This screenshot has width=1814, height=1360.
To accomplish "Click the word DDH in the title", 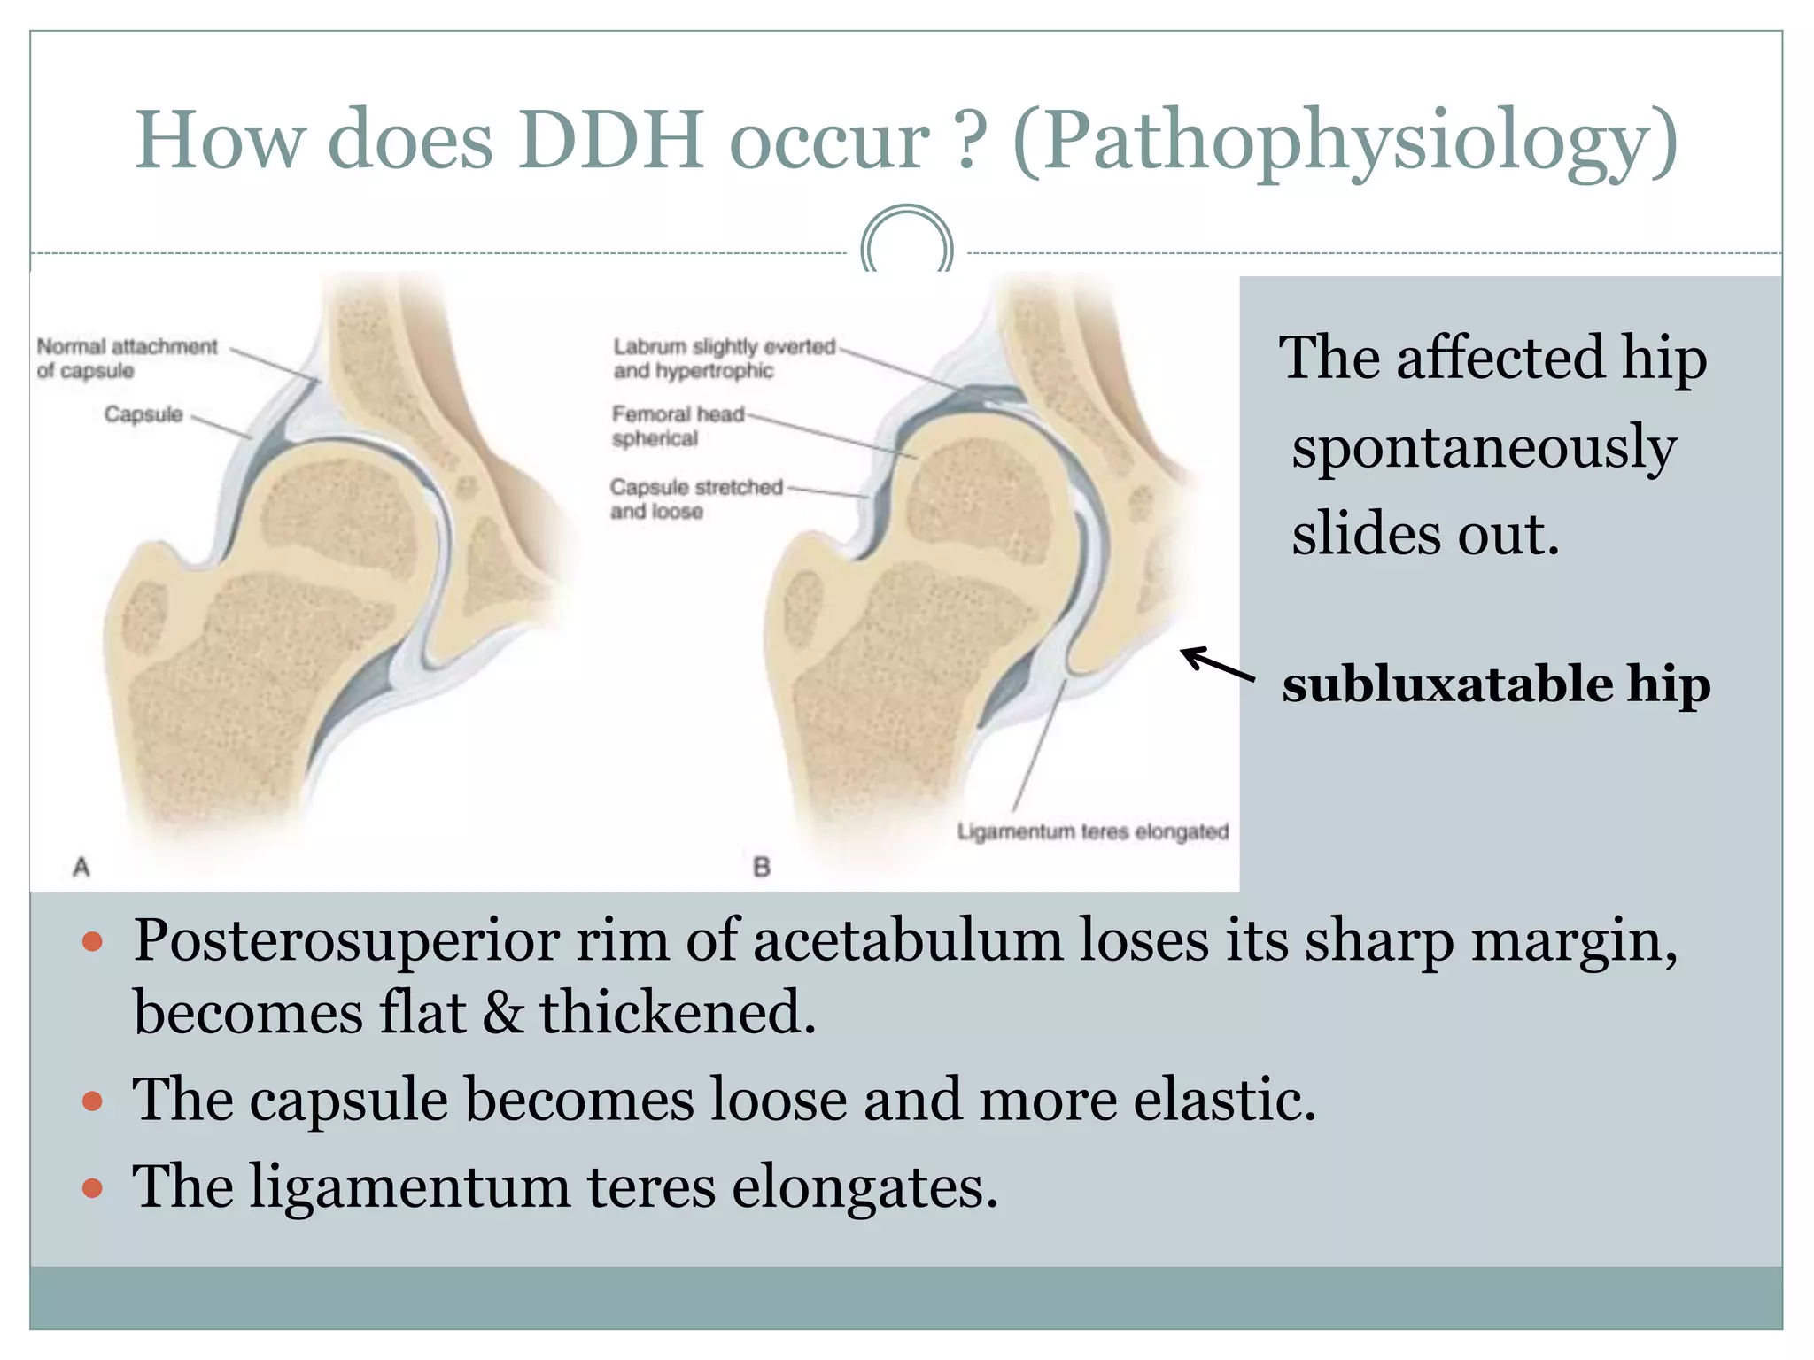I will (611, 140).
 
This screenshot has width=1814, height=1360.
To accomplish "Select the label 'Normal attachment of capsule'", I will (127, 358).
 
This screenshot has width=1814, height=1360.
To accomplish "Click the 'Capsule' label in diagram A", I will (143, 413).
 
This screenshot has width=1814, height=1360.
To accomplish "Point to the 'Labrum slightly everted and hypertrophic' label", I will (723, 358).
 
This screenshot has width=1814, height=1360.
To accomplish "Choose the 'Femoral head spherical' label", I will (677, 425).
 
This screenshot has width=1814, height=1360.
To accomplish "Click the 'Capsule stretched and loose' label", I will (695, 498).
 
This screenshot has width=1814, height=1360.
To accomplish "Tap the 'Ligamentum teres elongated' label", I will (1092, 831).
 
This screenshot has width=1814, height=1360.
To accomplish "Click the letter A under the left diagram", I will (81, 866).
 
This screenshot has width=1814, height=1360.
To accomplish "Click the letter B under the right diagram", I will (761, 866).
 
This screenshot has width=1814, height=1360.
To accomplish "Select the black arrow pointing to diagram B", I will (1217, 664).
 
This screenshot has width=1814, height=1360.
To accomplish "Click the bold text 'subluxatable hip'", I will (1495, 684).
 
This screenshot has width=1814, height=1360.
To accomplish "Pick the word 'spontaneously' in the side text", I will (1484, 447).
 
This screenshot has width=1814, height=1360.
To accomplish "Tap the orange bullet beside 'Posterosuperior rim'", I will (92, 940).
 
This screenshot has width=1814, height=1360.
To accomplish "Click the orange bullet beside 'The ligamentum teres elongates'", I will (92, 1186).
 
